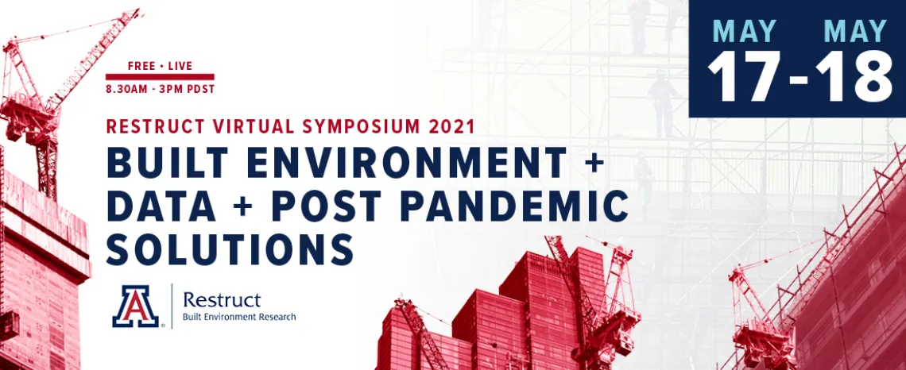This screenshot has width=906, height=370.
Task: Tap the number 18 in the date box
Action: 854,77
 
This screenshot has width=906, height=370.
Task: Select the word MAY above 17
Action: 744,31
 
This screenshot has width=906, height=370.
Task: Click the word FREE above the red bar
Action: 141,66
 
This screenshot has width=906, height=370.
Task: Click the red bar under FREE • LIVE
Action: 160,77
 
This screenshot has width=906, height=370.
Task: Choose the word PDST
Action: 200,90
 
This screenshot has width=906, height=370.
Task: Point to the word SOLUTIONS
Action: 230,249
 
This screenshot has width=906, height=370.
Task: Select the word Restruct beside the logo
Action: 222,300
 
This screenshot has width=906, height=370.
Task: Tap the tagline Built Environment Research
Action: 239,317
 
